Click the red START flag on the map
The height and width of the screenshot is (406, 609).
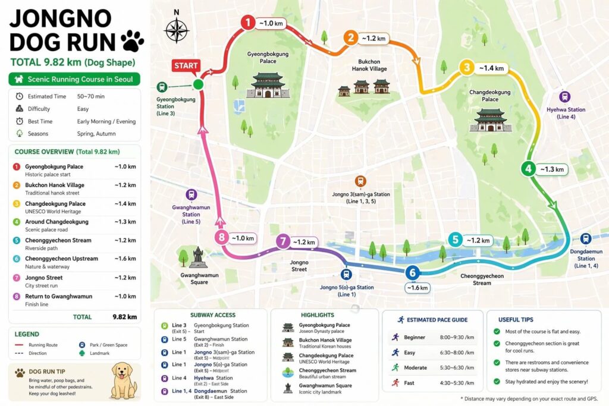click(x=186, y=65)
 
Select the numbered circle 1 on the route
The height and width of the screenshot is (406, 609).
click(x=247, y=23)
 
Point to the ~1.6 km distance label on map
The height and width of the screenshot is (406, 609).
click(x=417, y=288)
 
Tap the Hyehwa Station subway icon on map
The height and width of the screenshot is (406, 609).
click(x=564, y=97)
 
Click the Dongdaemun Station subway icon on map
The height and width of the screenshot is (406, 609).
click(x=586, y=239)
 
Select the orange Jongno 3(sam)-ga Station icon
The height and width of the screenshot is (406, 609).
click(x=360, y=181)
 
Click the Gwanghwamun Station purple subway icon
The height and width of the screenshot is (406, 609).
click(x=191, y=194)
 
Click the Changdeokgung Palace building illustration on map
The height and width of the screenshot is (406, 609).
click(x=491, y=120)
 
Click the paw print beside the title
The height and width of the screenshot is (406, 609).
click(x=132, y=42)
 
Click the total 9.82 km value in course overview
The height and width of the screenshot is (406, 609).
click(x=125, y=317)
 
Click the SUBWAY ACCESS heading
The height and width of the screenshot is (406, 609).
click(x=212, y=314)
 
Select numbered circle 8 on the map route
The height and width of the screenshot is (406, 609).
click(x=221, y=238)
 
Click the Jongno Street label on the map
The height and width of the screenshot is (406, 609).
click(x=299, y=265)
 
